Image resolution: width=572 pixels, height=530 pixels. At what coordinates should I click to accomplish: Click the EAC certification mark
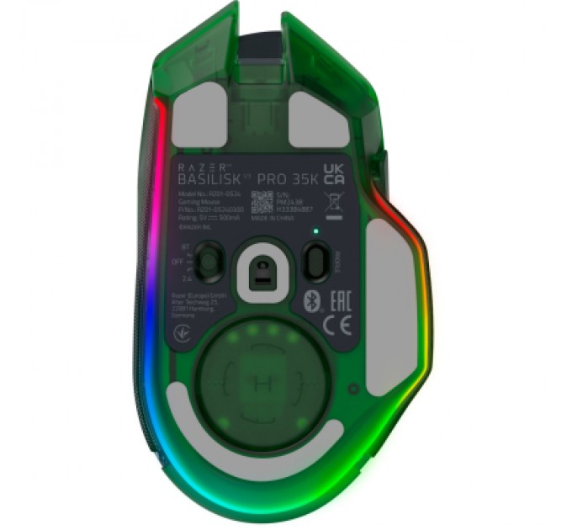click(331, 300)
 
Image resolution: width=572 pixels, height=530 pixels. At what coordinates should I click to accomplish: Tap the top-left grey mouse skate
click(199, 119)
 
